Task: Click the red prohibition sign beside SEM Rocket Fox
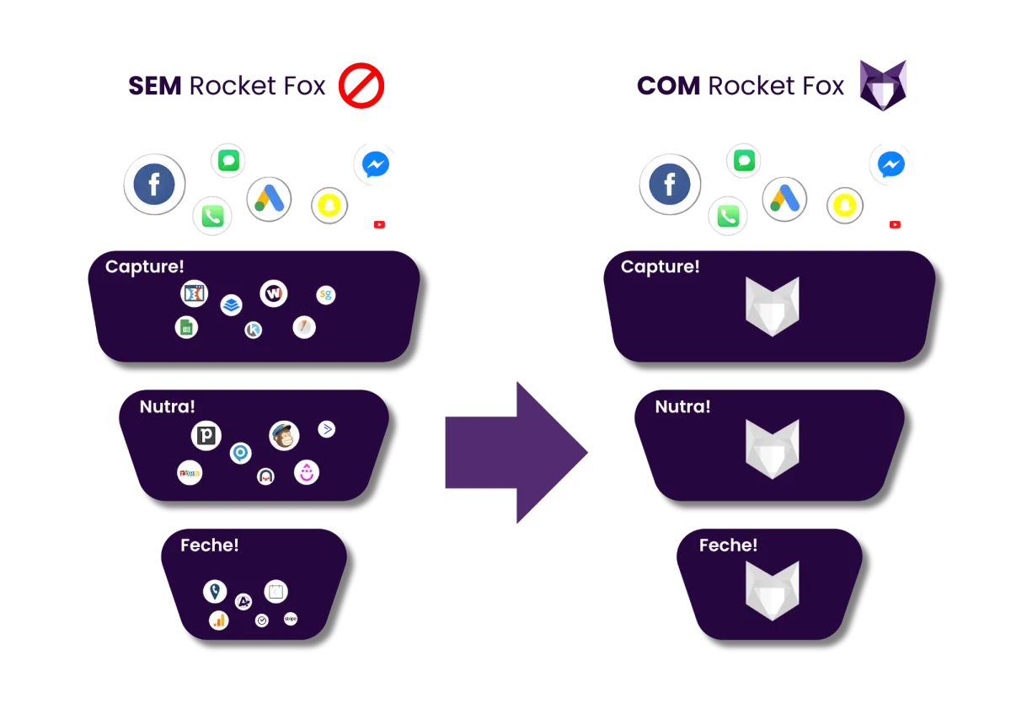pyautogui.click(x=361, y=87)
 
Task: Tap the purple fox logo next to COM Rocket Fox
pyautogui.click(x=882, y=86)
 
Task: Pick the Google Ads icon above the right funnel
pyautogui.click(x=784, y=200)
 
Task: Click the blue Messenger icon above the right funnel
pyautogui.click(x=891, y=164)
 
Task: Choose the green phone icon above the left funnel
pyautogui.click(x=211, y=217)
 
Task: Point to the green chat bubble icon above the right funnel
pyautogui.click(x=743, y=160)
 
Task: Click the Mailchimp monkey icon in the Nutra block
pyautogui.click(x=284, y=436)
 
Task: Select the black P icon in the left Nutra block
pyautogui.click(x=206, y=436)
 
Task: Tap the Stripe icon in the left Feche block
pyautogui.click(x=291, y=619)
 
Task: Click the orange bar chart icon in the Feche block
pyautogui.click(x=219, y=621)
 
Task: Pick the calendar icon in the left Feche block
pyautogui.click(x=275, y=592)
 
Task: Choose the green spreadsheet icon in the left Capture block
pyautogui.click(x=186, y=327)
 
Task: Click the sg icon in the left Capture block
pyautogui.click(x=326, y=295)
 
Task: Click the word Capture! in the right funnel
pyautogui.click(x=660, y=267)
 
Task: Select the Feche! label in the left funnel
pyautogui.click(x=210, y=546)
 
